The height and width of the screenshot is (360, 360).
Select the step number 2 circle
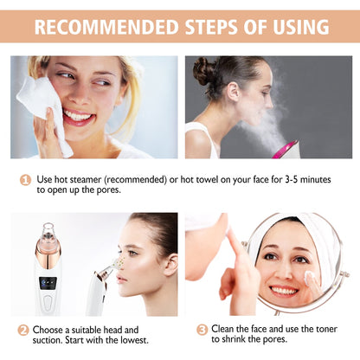click(23, 329)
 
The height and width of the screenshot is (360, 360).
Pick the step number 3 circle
click(202, 329)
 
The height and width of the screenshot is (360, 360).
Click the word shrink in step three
click(241, 340)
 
